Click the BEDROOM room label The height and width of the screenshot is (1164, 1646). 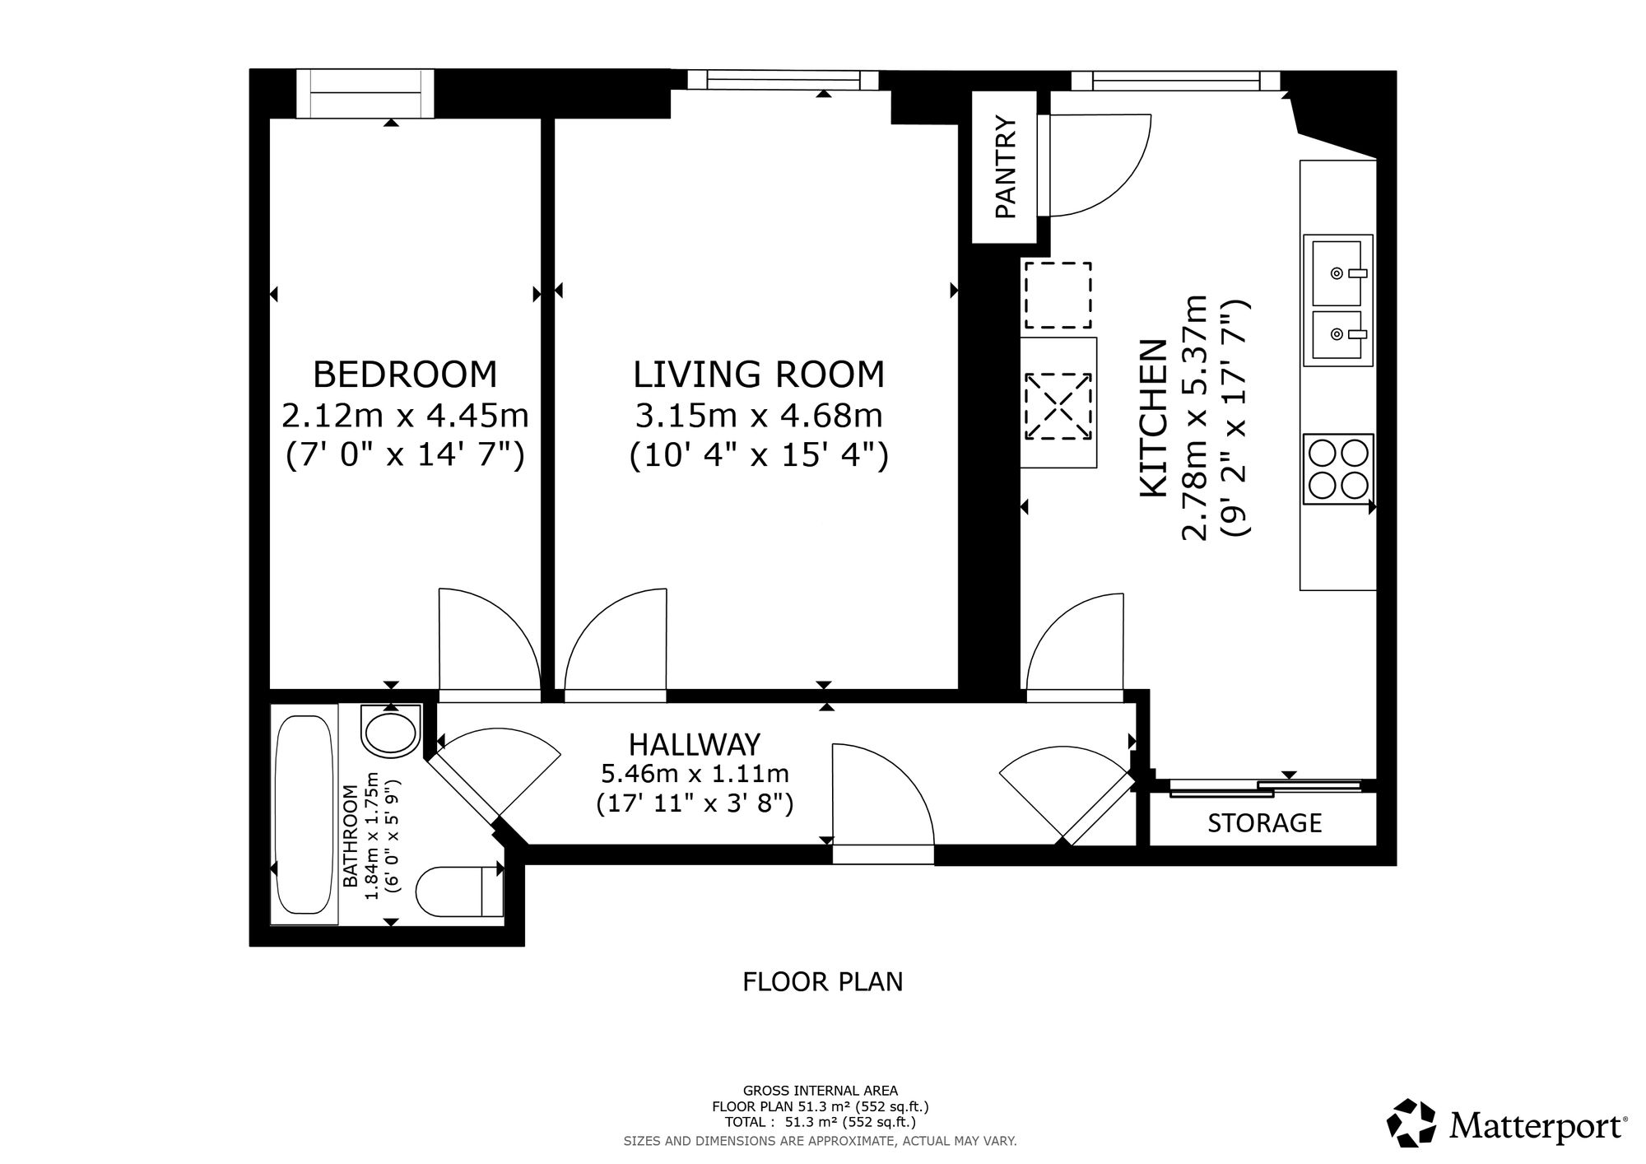pyautogui.click(x=405, y=375)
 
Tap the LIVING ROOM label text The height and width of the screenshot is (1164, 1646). pyautogui.click(x=759, y=375)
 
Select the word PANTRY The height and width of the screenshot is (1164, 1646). pyautogui.click(x=1006, y=168)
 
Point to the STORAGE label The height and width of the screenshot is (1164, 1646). pyautogui.click(x=1264, y=822)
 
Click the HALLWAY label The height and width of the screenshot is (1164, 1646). pyautogui.click(x=695, y=744)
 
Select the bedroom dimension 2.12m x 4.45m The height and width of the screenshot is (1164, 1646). pyautogui.click(x=405, y=416)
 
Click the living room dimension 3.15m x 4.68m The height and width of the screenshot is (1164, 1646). pyautogui.click(x=759, y=416)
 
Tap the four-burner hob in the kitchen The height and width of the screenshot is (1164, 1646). pyautogui.click(x=1338, y=468)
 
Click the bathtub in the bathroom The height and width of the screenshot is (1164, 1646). pyautogui.click(x=305, y=814)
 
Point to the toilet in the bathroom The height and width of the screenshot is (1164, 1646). pyautogui.click(x=459, y=892)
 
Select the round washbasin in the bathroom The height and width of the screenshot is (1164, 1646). pyautogui.click(x=391, y=730)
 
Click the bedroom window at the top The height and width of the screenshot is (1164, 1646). pyautogui.click(x=365, y=94)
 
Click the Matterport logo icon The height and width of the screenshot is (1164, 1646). pyautogui.click(x=1412, y=1122)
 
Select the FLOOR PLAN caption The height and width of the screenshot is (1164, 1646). pyautogui.click(x=823, y=982)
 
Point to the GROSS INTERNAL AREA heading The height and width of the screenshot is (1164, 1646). pyautogui.click(x=821, y=1091)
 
